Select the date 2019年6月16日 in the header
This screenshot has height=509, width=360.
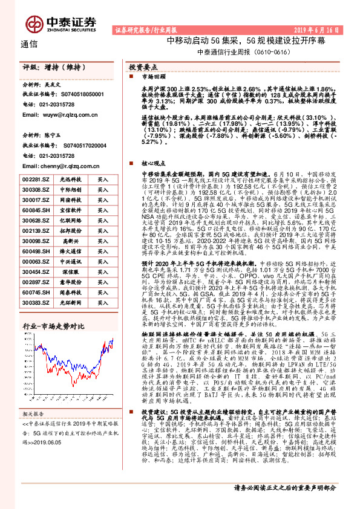(327, 28)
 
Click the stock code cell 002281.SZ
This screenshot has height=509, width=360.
(36, 180)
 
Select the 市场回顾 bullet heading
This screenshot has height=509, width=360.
(154, 77)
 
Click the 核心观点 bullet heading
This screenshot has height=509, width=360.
(154, 163)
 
